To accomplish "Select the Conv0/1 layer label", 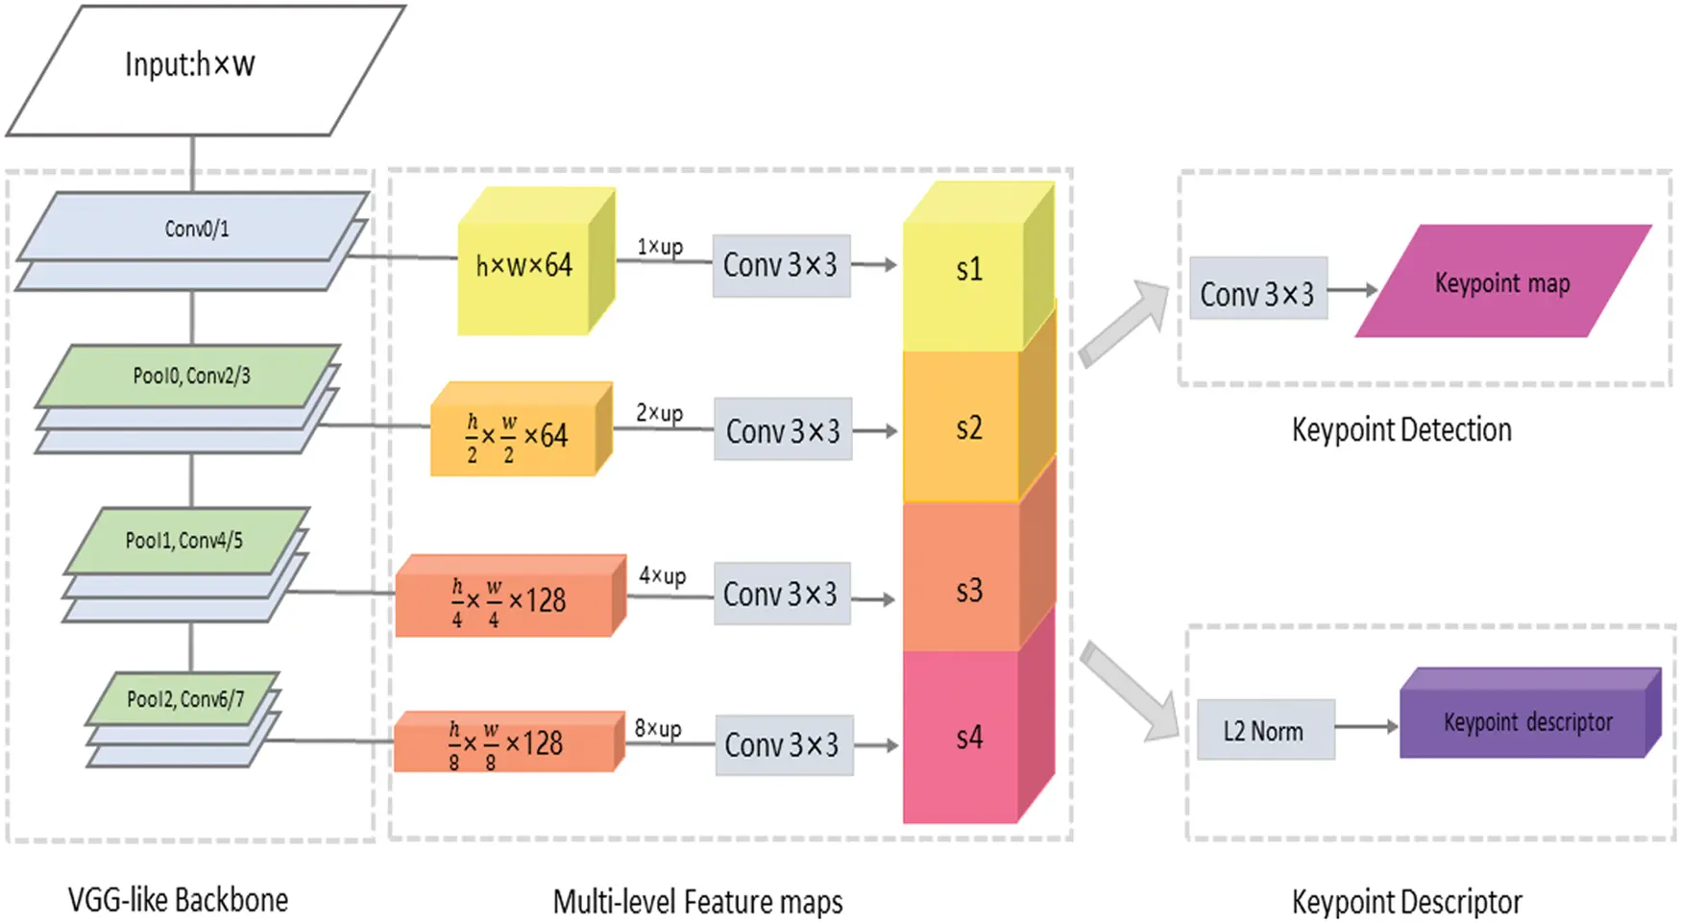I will (196, 229).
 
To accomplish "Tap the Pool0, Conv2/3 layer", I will (191, 376).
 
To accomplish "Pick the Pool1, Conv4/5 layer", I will (184, 541).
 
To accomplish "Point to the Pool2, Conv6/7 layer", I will (185, 699).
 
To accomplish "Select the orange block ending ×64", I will (514, 437).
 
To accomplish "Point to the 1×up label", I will (660, 247).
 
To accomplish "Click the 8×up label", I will (658, 729).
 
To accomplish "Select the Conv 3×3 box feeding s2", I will (783, 430).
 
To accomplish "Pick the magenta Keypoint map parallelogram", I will (1502, 282).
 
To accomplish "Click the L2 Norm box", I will (1264, 731).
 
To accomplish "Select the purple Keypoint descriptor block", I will (1527, 722).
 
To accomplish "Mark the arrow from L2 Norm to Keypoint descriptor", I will (1366, 727).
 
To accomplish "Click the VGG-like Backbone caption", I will (178, 900).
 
